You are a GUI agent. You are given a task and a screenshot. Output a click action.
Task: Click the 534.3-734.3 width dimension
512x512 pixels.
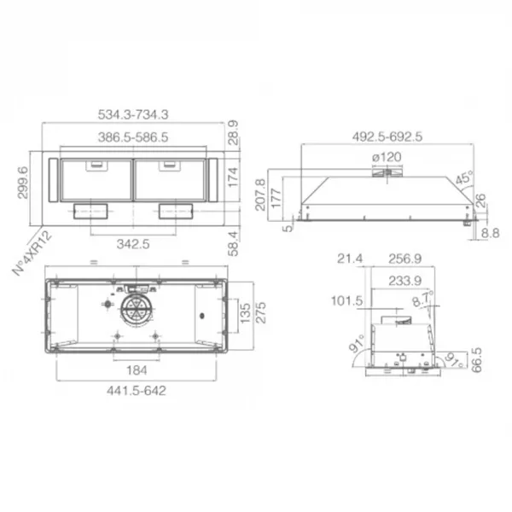[133, 114]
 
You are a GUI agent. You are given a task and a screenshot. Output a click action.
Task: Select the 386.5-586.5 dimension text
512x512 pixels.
[133, 137]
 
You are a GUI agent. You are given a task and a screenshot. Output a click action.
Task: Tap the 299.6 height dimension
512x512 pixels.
[23, 183]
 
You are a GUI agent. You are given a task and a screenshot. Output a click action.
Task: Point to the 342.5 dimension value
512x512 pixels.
[133, 244]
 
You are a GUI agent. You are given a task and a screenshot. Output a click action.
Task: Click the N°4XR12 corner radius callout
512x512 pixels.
[32, 253]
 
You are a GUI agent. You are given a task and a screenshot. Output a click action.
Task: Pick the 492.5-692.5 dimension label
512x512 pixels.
[387, 137]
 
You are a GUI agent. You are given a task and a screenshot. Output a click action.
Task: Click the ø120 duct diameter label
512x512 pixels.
[387, 157]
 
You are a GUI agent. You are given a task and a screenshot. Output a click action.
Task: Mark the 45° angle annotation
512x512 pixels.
[464, 178]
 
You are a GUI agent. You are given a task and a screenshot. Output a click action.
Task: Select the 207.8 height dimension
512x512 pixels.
[260, 195]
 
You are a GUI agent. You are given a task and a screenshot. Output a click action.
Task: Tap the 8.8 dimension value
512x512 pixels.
[491, 233]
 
